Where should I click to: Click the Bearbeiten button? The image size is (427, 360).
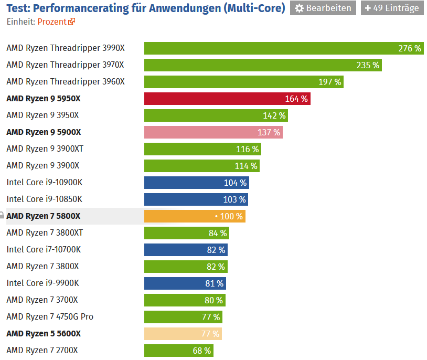click(323, 8)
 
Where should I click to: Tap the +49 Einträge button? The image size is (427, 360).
click(392, 8)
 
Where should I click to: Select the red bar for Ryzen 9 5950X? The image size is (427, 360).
click(227, 99)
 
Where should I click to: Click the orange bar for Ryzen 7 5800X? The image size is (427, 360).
click(194, 216)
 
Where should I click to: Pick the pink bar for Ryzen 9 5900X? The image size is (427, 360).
click(213, 132)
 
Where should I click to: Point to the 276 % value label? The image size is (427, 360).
click(410, 48)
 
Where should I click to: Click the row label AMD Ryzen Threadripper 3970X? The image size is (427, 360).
click(65, 65)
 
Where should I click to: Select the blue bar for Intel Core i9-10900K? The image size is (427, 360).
click(196, 183)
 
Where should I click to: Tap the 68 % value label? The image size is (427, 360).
click(202, 351)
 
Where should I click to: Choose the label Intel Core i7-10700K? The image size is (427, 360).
click(44, 250)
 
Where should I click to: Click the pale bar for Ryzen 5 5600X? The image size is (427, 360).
click(183, 334)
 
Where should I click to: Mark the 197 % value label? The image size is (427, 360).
click(330, 82)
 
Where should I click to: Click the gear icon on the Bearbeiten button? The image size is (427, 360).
click(300, 8)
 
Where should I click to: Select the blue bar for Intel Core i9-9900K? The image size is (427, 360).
click(185, 283)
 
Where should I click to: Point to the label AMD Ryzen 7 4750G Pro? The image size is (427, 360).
click(50, 317)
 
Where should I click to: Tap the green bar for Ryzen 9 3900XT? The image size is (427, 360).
click(202, 149)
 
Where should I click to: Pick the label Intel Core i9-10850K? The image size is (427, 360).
click(44, 199)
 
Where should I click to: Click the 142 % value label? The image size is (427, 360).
click(274, 115)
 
